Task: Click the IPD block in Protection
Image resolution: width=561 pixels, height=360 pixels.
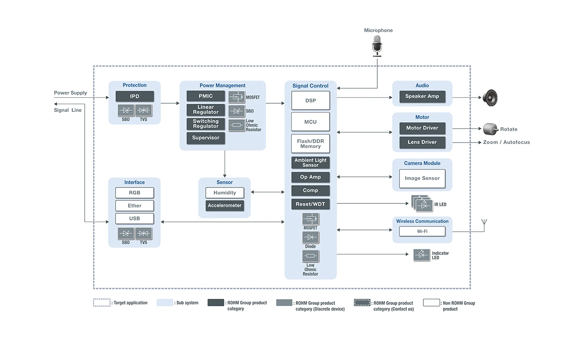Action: pyautogui.click(x=135, y=96)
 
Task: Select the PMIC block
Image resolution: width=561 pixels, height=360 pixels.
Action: pyautogui.click(x=206, y=96)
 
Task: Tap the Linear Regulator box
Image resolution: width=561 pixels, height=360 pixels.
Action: pyautogui.click(x=206, y=110)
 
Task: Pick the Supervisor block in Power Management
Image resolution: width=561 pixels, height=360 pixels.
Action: pyautogui.click(x=206, y=138)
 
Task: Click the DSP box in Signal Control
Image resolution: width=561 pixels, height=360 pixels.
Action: pyautogui.click(x=310, y=101)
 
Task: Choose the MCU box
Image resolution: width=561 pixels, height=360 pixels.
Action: pyautogui.click(x=310, y=122)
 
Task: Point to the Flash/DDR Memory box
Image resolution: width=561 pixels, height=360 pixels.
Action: pyautogui.click(x=310, y=144)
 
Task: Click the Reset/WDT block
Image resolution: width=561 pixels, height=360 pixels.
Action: pyautogui.click(x=310, y=204)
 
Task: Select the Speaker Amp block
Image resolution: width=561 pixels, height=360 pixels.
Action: pyautogui.click(x=422, y=96)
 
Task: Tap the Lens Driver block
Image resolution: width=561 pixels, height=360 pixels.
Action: pyautogui.click(x=422, y=142)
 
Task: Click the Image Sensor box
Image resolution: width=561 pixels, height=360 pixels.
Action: pyautogui.click(x=422, y=179)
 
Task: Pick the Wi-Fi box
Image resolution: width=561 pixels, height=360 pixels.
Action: pyautogui.click(x=422, y=231)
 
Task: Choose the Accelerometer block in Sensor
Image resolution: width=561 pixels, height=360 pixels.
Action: pyautogui.click(x=225, y=205)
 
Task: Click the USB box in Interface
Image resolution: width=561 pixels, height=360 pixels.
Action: pyautogui.click(x=135, y=218)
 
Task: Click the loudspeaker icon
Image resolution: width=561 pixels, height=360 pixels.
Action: pyautogui.click(x=490, y=98)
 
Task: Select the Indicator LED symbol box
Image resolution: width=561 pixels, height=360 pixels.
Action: pyautogui.click(x=422, y=255)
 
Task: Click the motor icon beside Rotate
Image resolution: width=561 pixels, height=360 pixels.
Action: pyautogui.click(x=490, y=129)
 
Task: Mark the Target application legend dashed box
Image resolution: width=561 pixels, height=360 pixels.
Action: pyautogui.click(x=102, y=302)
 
